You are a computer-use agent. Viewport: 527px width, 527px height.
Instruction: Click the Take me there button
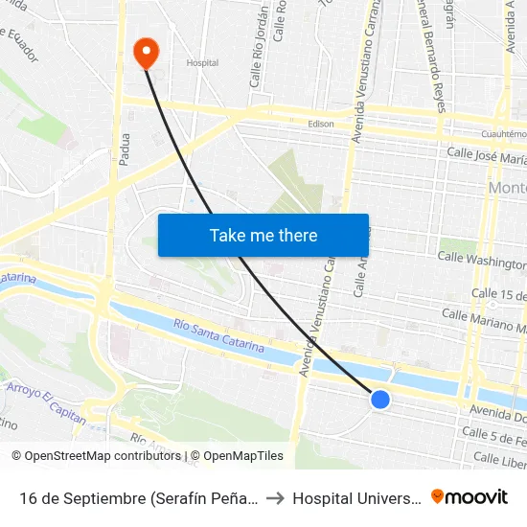(263, 235)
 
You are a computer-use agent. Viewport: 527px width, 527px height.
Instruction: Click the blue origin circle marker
(380, 400)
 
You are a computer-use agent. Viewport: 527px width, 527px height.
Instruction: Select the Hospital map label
(202, 63)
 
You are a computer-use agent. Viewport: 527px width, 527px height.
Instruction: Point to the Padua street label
(125, 149)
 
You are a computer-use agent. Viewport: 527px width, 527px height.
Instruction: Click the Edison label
(321, 124)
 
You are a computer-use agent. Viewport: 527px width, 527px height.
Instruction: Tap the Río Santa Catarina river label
(219, 336)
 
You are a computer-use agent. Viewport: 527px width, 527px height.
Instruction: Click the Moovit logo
(470, 496)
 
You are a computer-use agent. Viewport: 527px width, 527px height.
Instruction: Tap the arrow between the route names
(275, 497)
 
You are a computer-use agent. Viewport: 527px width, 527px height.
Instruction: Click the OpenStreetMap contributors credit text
(98, 456)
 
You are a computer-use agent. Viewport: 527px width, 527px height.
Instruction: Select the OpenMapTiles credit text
(239, 456)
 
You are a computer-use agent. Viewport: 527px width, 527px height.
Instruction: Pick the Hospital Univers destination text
(355, 497)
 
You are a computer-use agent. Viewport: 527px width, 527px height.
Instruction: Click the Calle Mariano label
(484, 318)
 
